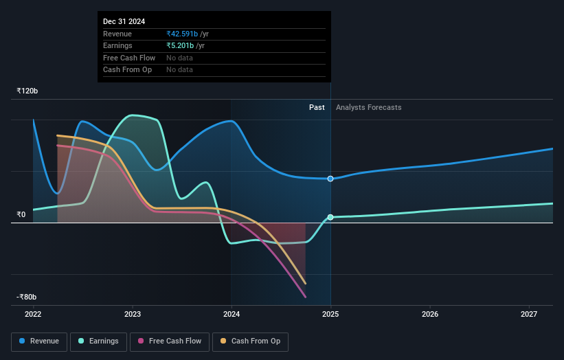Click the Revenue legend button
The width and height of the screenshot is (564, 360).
click(40, 341)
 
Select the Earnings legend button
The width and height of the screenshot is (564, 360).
click(99, 341)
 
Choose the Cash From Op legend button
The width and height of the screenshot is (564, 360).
click(250, 341)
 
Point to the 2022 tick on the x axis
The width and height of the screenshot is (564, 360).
click(33, 315)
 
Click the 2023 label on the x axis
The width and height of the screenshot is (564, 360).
click(133, 315)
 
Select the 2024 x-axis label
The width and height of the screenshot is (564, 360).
click(232, 315)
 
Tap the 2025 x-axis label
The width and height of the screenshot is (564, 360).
click(330, 315)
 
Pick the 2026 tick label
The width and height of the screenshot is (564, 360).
click(430, 315)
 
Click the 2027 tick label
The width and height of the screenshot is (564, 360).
click(529, 315)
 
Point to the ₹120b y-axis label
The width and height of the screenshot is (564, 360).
click(27, 91)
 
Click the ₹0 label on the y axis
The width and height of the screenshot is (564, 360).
click(21, 214)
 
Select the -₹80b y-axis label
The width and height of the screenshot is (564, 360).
click(27, 297)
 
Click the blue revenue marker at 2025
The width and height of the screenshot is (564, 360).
click(330, 179)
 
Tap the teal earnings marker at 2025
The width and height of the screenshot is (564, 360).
click(330, 217)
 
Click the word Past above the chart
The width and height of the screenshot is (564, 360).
click(317, 107)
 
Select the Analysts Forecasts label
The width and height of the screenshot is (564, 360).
click(368, 107)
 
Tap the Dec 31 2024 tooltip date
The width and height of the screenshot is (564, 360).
click(124, 22)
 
